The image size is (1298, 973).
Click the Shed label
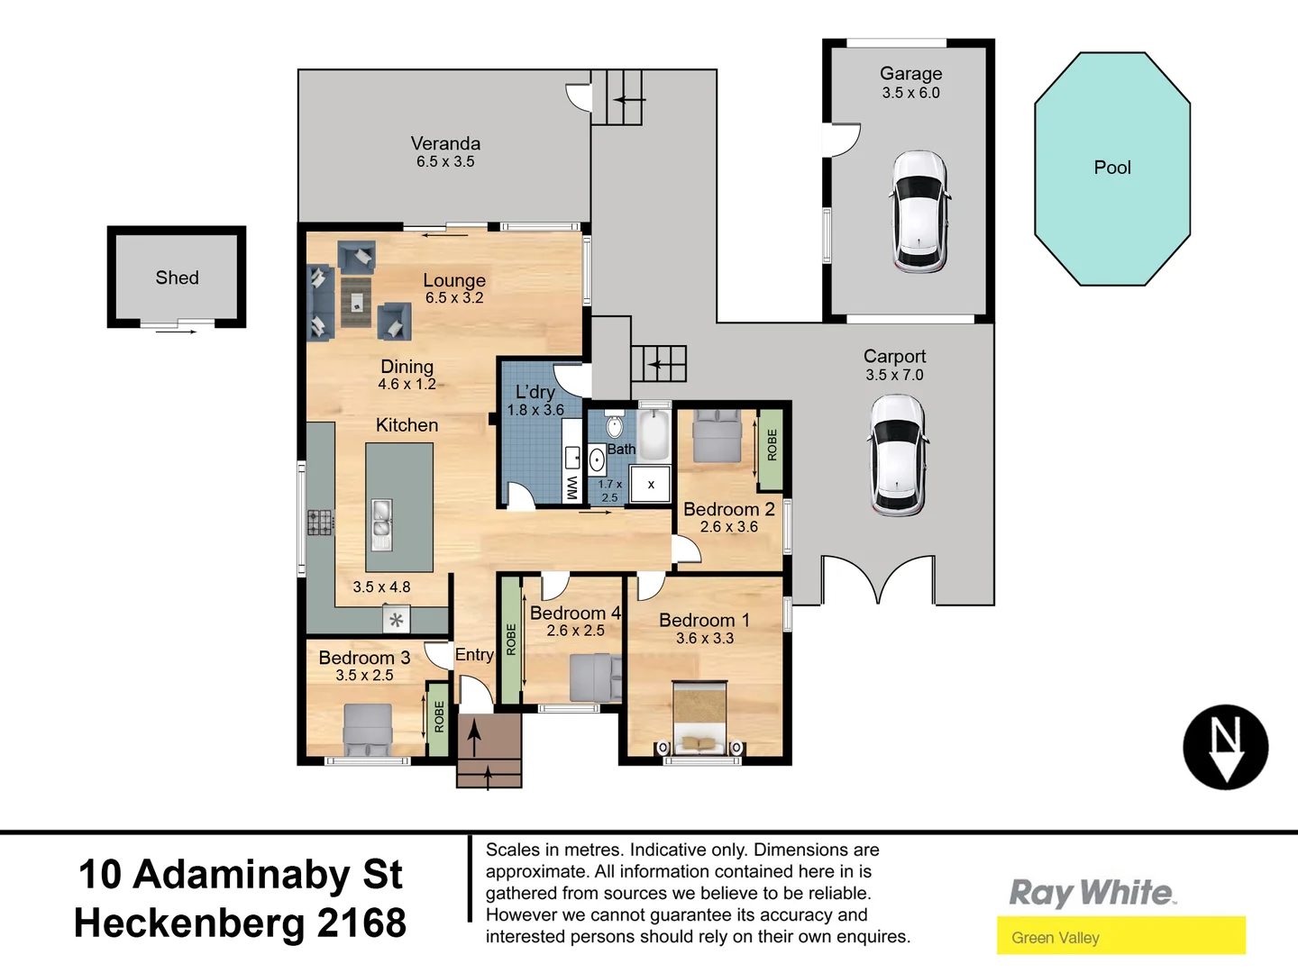coord(177,277)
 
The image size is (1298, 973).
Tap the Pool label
coord(1112,168)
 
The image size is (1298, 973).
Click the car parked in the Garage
coord(919,212)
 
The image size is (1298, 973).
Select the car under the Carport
coord(897,455)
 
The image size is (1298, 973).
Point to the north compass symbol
coord(1225,747)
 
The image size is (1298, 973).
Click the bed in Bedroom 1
coord(699,716)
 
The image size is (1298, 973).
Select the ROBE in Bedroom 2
coord(771,445)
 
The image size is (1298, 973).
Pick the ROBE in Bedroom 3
coord(439,717)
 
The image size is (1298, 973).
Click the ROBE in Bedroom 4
coord(511,640)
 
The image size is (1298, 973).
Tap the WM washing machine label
coord(571,487)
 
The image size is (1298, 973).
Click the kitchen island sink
coord(382,523)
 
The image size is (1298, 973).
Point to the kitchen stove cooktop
coord(319,523)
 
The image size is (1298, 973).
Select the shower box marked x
coord(651,485)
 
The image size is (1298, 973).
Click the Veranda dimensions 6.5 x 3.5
coord(445,162)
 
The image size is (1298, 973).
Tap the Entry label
coord(474,655)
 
